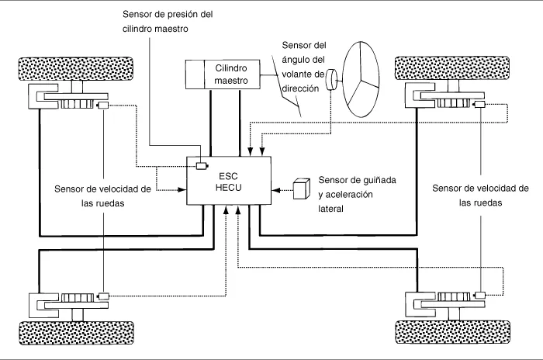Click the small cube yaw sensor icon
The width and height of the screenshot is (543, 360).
tap(302, 189)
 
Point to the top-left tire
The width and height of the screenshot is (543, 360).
tap(75, 68)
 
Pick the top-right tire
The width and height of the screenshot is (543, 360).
tap(452, 68)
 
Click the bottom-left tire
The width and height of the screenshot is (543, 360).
tap(76, 333)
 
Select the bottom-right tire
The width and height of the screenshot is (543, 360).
tap(452, 332)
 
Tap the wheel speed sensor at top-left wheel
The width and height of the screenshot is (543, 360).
tap(103, 105)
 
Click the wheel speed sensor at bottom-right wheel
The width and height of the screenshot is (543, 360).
tap(479, 295)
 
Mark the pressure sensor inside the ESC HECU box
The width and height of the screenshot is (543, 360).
tap(202, 166)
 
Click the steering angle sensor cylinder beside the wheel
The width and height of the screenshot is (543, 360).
tap(331, 80)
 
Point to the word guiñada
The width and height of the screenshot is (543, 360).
tap(379, 180)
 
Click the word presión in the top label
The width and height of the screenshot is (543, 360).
tap(182, 14)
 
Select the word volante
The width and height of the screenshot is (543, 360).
tap(297, 74)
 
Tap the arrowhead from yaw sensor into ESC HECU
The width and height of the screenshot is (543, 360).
tap(275, 190)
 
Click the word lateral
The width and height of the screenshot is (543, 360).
tap(330, 209)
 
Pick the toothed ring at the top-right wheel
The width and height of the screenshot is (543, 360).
tap(454, 103)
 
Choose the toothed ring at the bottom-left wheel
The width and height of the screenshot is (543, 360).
tap(78, 298)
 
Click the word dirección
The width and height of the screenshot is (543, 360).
tap(300, 88)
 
